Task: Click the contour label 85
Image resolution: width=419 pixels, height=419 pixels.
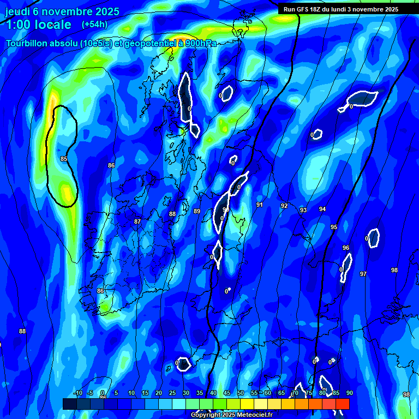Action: (x=64, y=159)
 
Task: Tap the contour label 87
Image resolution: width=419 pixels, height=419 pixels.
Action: (x=137, y=222)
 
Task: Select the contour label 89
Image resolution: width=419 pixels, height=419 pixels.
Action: (x=197, y=211)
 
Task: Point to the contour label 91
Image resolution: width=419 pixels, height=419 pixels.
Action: (x=260, y=205)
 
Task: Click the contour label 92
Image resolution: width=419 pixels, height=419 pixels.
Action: (x=284, y=206)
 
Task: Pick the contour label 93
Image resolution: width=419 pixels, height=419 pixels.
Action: (x=303, y=210)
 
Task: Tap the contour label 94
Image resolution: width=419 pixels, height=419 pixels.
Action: (x=322, y=209)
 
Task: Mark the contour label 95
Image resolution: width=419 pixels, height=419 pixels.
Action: (x=334, y=227)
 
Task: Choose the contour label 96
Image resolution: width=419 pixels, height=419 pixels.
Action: (x=346, y=248)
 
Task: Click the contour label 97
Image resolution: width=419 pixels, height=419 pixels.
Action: (x=363, y=274)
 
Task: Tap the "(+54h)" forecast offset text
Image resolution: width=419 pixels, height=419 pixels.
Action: (x=94, y=25)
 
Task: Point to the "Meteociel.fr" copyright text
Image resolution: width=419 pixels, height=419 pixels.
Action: (x=252, y=415)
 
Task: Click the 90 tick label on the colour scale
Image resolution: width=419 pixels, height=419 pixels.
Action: (x=349, y=393)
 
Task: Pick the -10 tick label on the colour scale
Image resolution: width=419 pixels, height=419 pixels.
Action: (x=77, y=393)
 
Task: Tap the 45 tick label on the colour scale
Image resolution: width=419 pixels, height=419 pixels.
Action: (x=226, y=393)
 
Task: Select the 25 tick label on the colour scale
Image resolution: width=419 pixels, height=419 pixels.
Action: (x=172, y=393)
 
